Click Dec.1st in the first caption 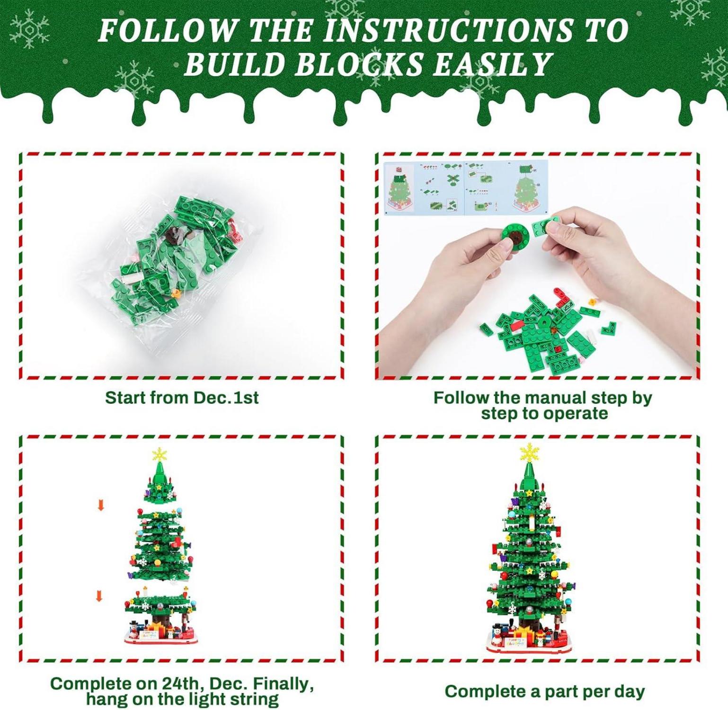click(x=227, y=398)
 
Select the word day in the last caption click(x=628, y=692)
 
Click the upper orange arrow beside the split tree click(x=101, y=506)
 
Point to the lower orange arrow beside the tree click(x=99, y=596)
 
